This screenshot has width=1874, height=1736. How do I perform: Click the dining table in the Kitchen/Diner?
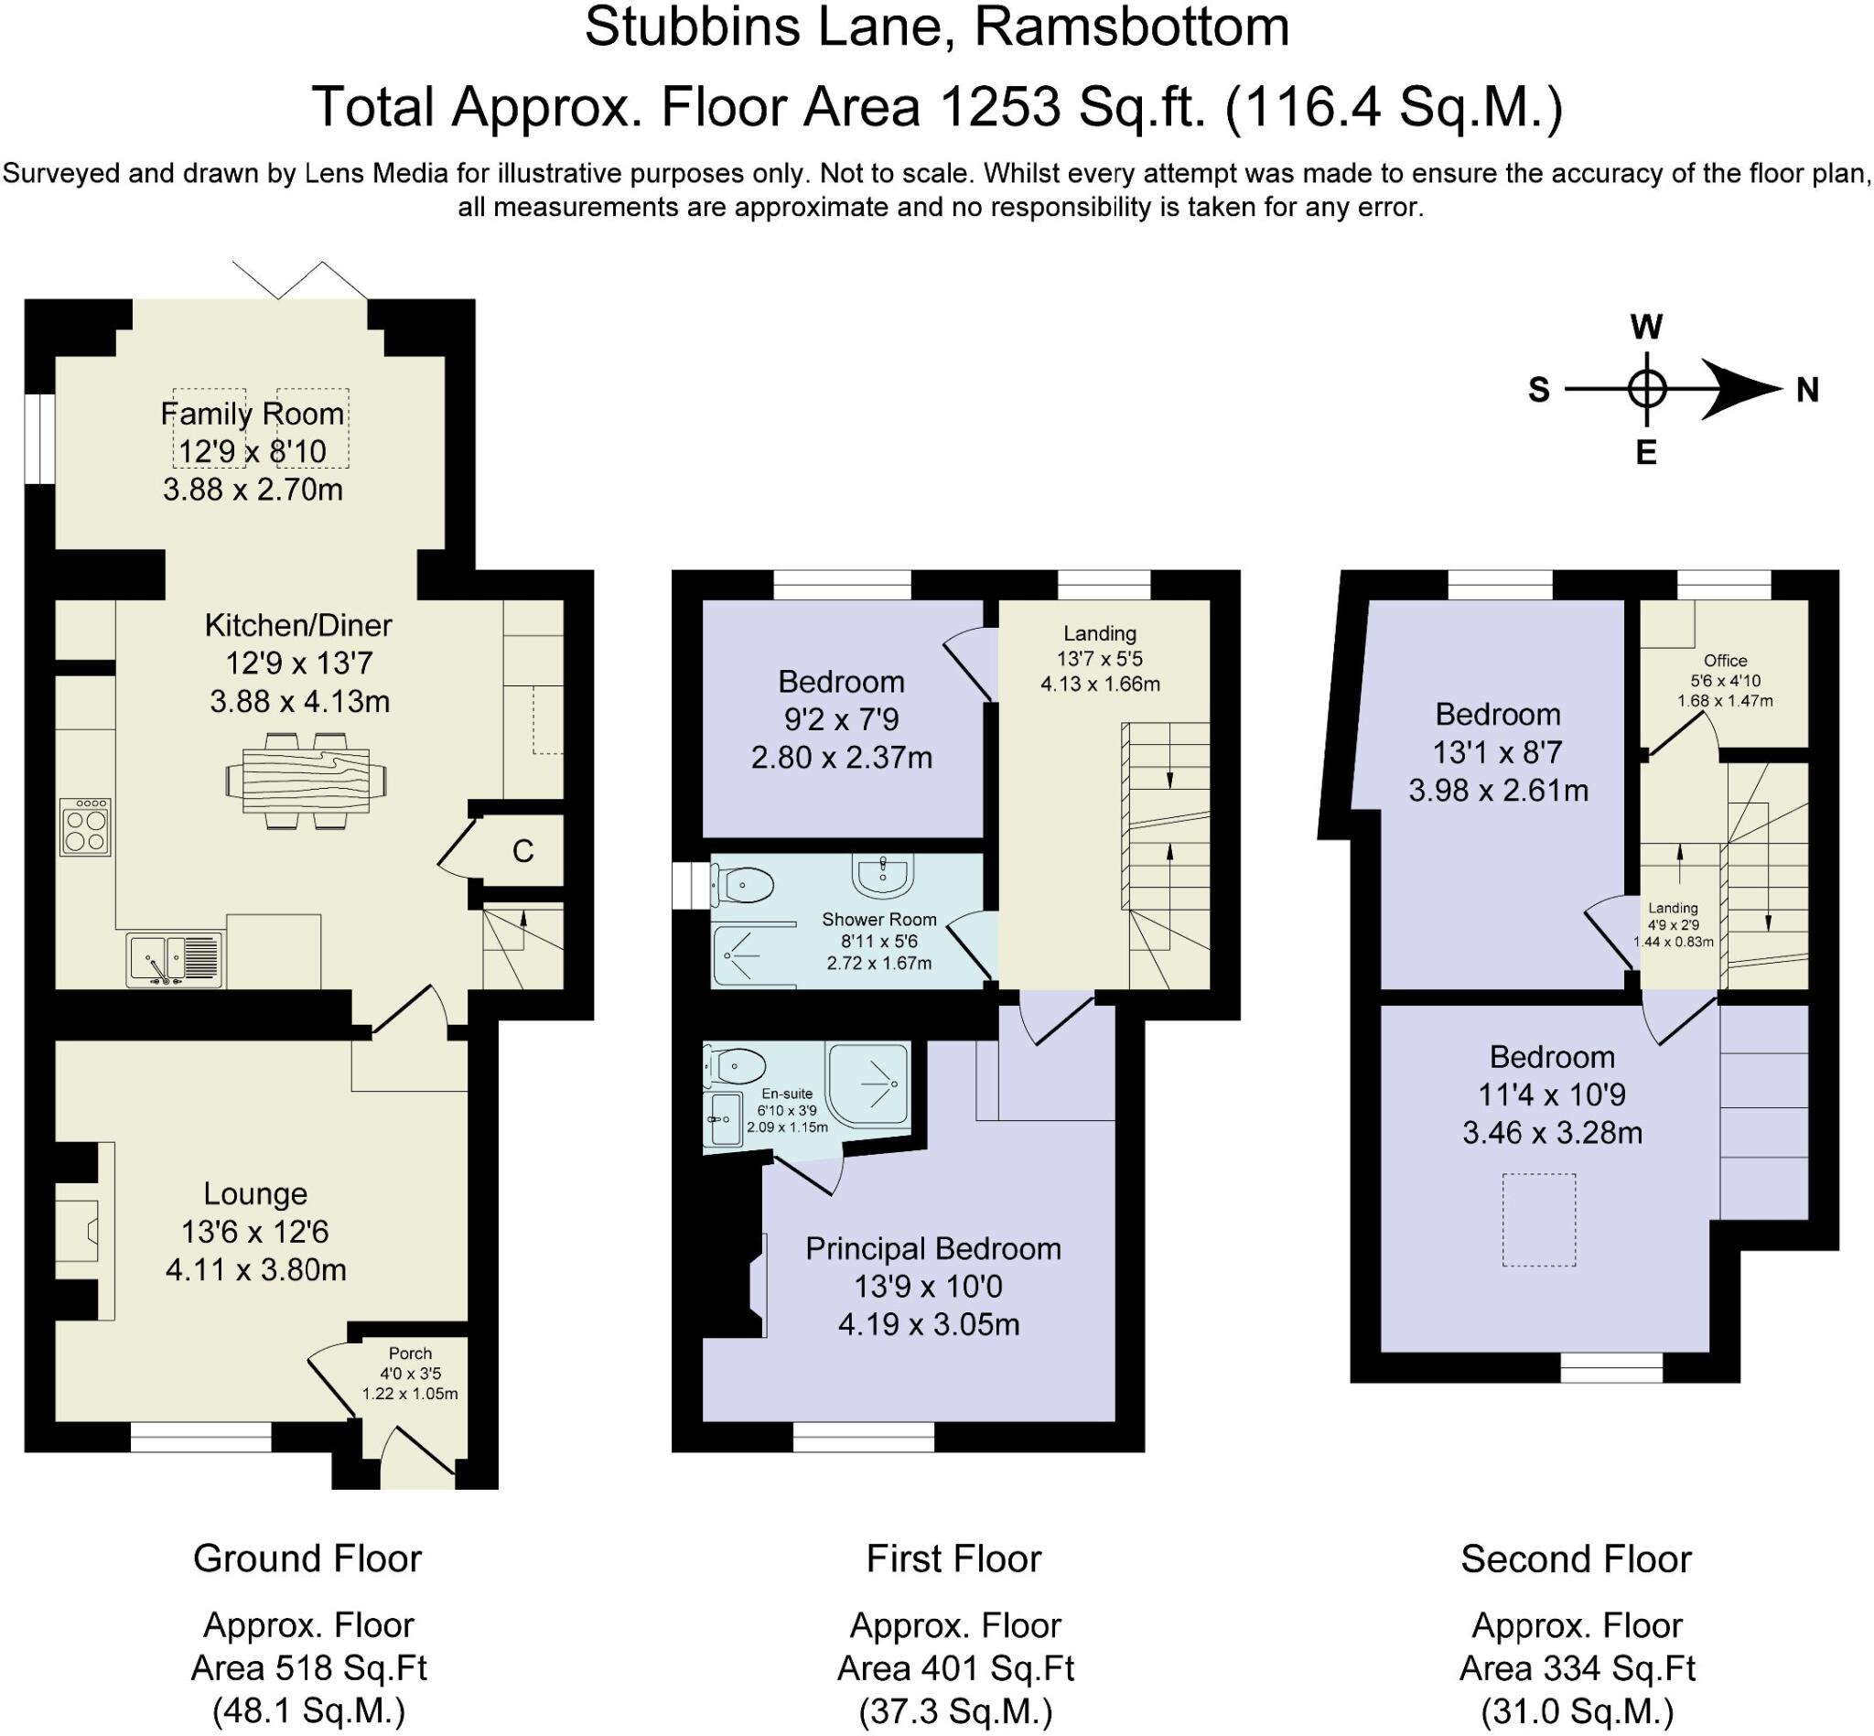(306, 780)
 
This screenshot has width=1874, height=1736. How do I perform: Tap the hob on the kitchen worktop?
(84, 826)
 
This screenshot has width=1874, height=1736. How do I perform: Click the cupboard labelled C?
(522, 851)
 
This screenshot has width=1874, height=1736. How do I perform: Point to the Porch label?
(410, 1353)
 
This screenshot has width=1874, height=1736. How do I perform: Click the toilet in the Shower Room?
(744, 884)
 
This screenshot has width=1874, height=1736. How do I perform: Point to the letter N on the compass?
(1806, 389)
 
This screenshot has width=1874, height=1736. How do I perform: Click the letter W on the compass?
(1646, 327)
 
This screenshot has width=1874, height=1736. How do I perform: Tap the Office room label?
(1725, 661)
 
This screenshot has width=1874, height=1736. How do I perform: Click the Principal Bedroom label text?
(932, 1248)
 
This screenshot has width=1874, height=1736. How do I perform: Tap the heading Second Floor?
(1576, 1560)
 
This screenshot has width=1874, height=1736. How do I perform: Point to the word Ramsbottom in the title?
(1131, 27)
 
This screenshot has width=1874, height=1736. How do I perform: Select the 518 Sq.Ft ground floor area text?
(308, 1668)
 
